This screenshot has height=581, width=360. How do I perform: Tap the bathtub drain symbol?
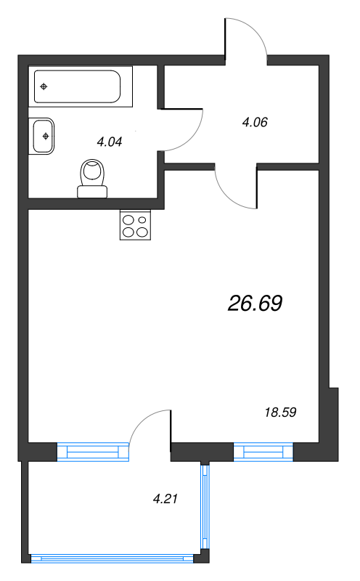click(x=44, y=87)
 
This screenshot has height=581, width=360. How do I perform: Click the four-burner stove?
click(x=136, y=225)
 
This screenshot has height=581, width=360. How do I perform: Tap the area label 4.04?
click(x=109, y=142)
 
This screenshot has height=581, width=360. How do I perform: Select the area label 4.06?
click(x=255, y=122)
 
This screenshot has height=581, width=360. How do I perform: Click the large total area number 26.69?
click(x=255, y=304)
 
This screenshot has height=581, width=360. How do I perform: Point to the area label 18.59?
click(x=281, y=412)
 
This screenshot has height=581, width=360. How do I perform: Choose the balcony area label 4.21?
click(x=165, y=499)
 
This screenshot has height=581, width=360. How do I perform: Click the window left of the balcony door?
click(x=93, y=452)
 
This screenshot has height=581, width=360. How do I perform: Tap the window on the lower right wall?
click(x=263, y=452)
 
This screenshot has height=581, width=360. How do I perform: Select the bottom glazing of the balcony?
click(x=114, y=558)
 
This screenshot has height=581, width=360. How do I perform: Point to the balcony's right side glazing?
click(x=206, y=508)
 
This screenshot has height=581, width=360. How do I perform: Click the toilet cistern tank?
click(x=93, y=191)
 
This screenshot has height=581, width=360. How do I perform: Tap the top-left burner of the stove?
click(x=128, y=219)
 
